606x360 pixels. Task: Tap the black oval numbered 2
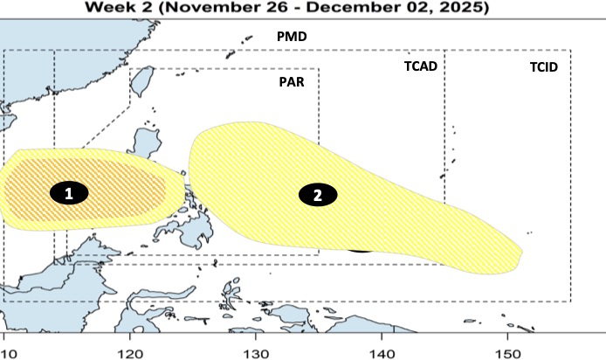(318, 195)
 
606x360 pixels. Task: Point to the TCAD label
(420, 66)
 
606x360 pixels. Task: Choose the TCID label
(543, 66)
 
